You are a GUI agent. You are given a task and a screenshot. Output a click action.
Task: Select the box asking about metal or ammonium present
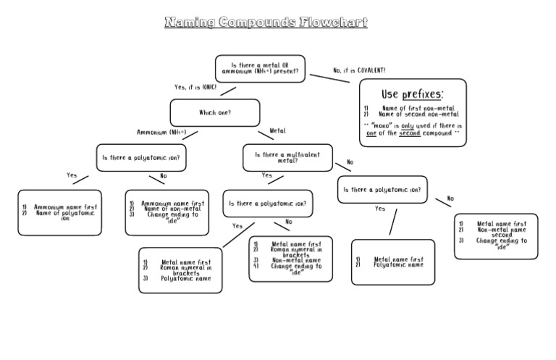click(260, 69)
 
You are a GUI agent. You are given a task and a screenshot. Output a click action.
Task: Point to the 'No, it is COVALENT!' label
click(359, 70)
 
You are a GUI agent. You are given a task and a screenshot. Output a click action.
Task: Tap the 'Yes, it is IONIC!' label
click(195, 87)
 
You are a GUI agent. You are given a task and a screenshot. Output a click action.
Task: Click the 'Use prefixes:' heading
click(412, 95)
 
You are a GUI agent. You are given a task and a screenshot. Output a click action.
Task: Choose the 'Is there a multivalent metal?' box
click(287, 156)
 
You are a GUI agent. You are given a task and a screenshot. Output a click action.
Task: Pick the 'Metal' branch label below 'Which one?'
click(277, 131)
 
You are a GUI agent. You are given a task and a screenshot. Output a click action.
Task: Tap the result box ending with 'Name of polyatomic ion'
click(60, 212)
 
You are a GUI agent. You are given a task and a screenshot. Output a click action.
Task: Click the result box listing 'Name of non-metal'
click(167, 212)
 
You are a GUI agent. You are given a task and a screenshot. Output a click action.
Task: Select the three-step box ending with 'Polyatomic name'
click(181, 270)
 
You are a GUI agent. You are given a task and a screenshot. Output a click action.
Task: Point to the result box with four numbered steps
click(291, 259)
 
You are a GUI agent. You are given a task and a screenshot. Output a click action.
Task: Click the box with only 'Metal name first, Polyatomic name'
click(393, 261)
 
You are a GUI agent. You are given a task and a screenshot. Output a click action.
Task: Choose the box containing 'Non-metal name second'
click(496, 235)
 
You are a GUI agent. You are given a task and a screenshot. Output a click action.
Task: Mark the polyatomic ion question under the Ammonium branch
click(141, 157)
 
